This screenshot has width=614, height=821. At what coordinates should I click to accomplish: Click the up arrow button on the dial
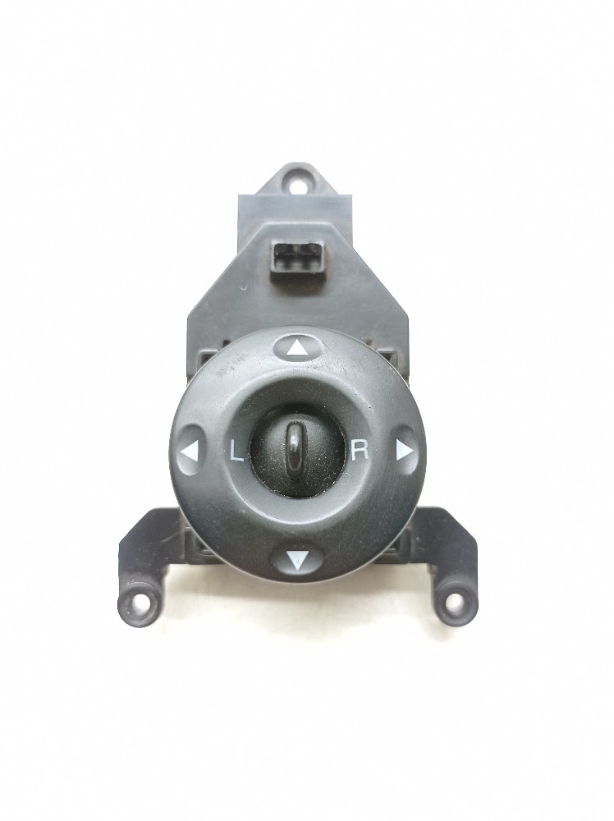[x=296, y=346]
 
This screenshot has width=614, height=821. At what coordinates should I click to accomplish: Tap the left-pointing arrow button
[x=190, y=449]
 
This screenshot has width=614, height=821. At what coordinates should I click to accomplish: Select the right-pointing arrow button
[x=404, y=450]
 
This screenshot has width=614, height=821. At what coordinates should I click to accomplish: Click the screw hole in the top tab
[x=296, y=183]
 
